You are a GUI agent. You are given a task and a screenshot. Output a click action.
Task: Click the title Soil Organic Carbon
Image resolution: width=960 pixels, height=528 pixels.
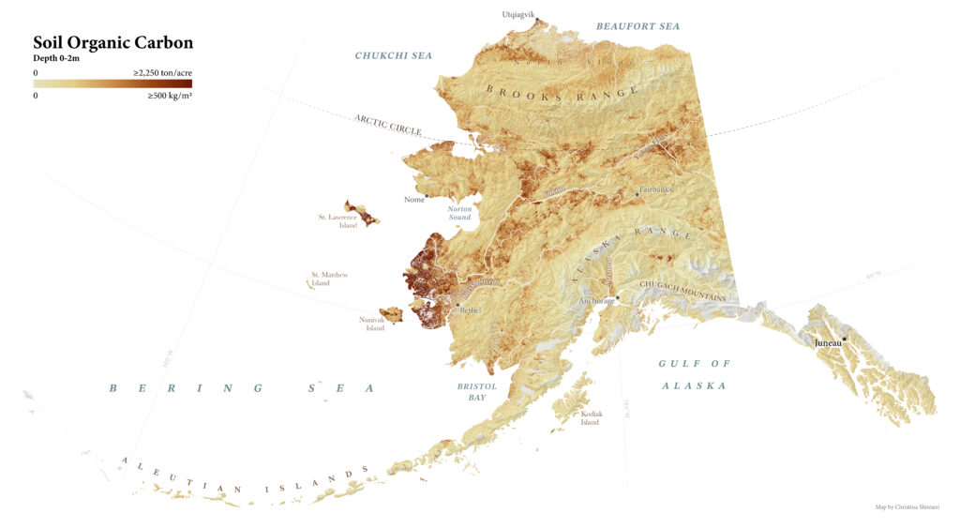112,43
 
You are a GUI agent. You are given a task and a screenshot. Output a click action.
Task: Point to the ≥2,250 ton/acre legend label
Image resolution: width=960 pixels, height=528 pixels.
162,72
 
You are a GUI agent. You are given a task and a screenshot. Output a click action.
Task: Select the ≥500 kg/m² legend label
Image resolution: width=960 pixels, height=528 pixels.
169,96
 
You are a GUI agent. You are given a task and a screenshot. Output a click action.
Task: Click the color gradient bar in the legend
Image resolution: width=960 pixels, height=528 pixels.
112,83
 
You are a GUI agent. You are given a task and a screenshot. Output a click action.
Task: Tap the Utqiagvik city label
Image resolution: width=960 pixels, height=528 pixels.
517,14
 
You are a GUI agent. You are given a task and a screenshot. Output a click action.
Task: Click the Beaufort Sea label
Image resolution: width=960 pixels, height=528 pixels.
637,26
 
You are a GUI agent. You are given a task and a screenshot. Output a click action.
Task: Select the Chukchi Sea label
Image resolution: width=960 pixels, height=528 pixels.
393,56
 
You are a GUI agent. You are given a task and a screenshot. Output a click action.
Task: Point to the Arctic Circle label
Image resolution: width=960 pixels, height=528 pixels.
387,125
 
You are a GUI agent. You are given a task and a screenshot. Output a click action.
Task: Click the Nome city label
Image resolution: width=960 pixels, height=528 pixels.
412,200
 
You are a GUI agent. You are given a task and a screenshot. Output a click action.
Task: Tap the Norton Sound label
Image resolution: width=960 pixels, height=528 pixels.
459,213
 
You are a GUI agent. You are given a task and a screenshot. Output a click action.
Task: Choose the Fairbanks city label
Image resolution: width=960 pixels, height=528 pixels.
656,189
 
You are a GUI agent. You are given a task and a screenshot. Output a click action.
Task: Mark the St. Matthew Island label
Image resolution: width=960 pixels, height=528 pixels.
329,279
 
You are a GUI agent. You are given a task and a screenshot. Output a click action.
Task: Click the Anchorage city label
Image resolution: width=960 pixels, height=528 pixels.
596,301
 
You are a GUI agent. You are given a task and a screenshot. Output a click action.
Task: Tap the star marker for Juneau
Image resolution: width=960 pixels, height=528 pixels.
845,339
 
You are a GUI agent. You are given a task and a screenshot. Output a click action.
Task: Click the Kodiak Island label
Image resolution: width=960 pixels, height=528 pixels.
592,417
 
